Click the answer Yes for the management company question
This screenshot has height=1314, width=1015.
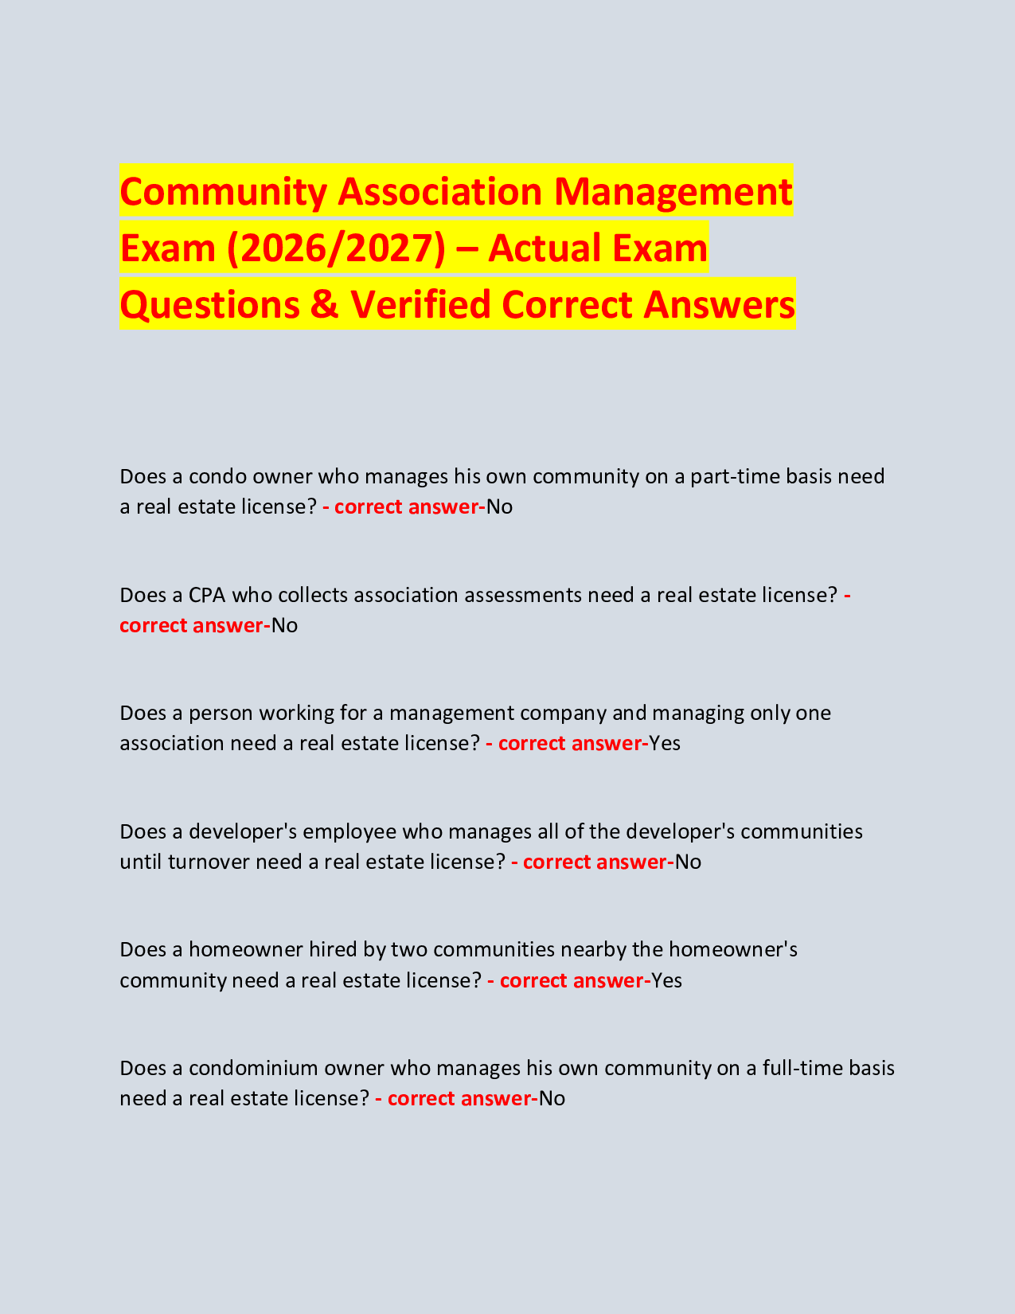point(665,743)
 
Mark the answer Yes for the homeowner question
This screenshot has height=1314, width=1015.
point(667,980)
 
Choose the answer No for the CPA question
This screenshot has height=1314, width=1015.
point(284,625)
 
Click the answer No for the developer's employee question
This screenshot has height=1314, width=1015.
point(688,862)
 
